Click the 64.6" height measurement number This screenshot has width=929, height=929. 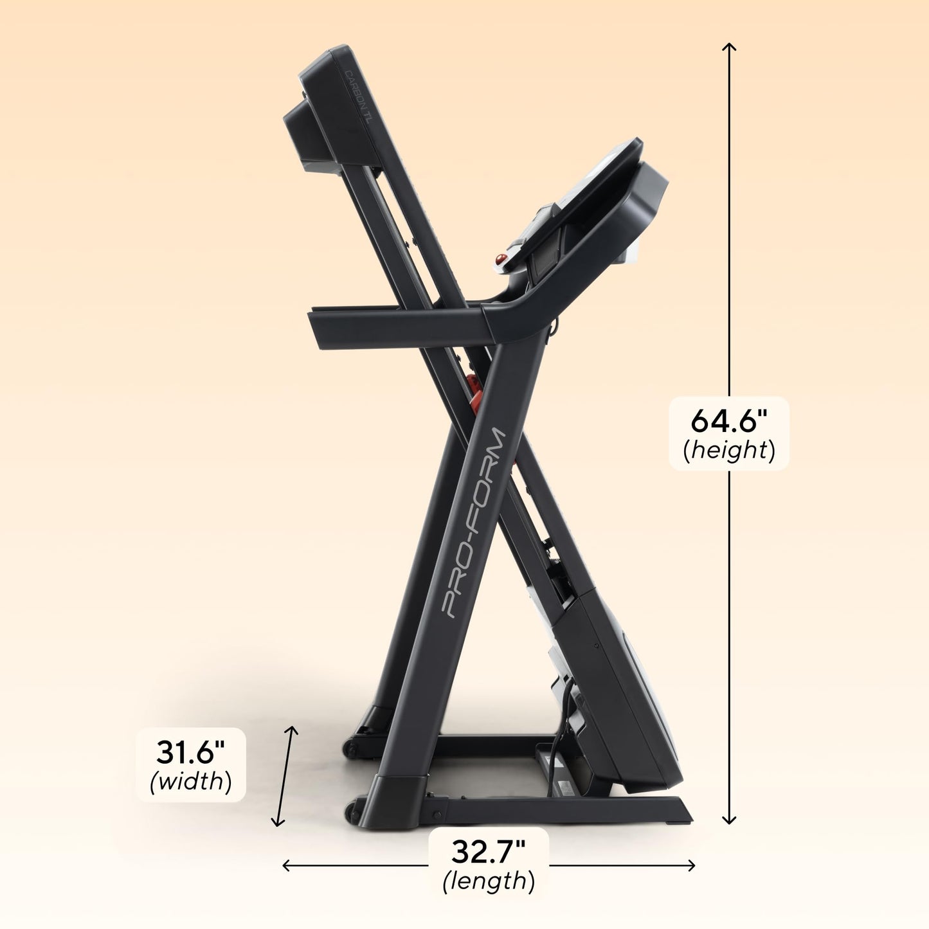(729, 421)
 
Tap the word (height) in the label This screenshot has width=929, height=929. (729, 450)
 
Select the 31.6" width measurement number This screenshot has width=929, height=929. (191, 752)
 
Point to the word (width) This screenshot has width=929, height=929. (191, 781)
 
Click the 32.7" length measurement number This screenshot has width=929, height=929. (489, 851)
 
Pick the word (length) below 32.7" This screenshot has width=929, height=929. (489, 880)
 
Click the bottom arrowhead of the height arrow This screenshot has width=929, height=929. (728, 821)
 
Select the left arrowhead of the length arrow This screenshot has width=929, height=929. (286, 865)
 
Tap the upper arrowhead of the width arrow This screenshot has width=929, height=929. (293, 729)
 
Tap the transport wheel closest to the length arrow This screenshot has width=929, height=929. (352, 811)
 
